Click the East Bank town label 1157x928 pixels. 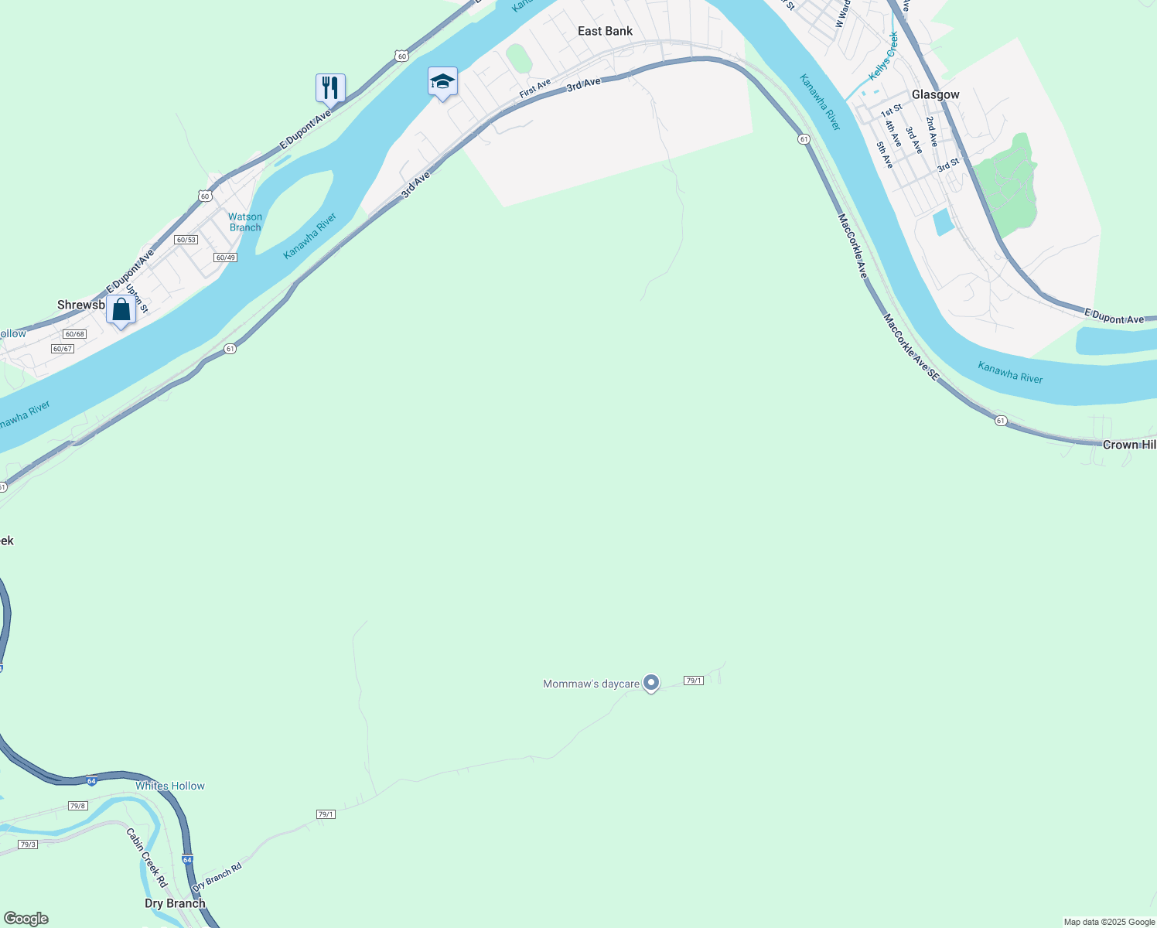605,31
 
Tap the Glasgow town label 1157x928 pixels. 935,94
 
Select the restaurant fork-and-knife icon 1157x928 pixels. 330,87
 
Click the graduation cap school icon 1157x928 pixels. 442,81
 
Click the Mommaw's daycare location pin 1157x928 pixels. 651,682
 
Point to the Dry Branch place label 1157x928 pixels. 175,903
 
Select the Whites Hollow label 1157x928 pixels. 170,786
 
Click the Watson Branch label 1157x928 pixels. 245,222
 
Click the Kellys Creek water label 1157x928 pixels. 882,56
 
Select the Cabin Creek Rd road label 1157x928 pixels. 147,857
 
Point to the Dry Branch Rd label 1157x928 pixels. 217,876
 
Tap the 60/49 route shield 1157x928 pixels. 225,258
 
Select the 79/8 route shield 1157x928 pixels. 77,806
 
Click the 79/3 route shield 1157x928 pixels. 28,844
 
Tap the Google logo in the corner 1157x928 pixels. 26,919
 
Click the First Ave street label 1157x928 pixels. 534,88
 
